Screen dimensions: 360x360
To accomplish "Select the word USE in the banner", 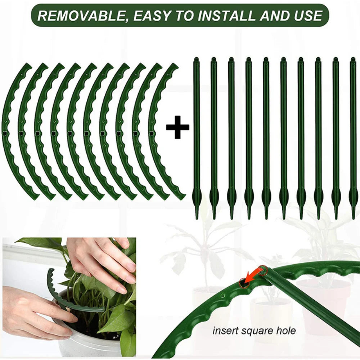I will pyautogui.click(x=307, y=15).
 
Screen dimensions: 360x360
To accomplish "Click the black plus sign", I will pyautogui.click(x=177, y=127).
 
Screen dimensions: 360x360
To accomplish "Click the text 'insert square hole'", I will pyautogui.click(x=254, y=330).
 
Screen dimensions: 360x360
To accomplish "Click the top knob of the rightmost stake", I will pyautogui.click(x=353, y=59).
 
